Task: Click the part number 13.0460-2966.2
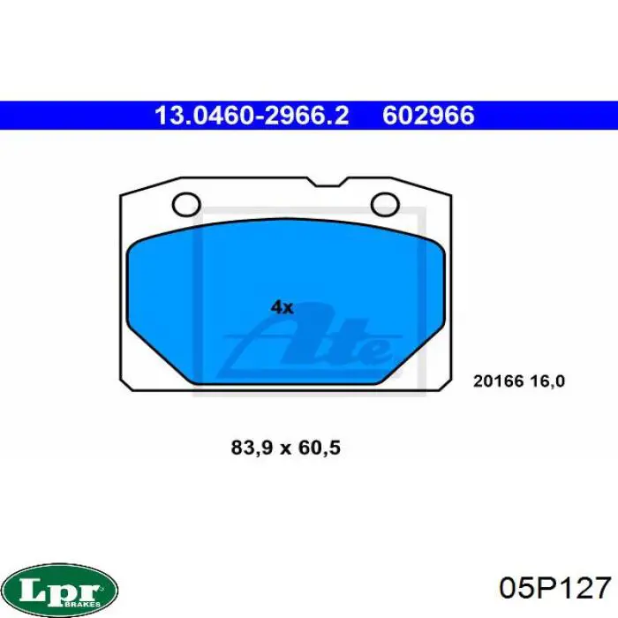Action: pyautogui.click(x=252, y=116)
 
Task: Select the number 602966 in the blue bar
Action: pyautogui.click(x=428, y=116)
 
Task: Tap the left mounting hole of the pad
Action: pyautogui.click(x=186, y=204)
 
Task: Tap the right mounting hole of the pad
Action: pyautogui.click(x=385, y=204)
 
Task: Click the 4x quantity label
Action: pyautogui.click(x=283, y=307)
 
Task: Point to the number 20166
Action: pyautogui.click(x=499, y=381)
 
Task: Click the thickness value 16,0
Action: pyautogui.click(x=547, y=381)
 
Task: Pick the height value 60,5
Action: pyautogui.click(x=320, y=448)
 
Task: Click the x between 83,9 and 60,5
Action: pyautogui.click(x=285, y=449)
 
